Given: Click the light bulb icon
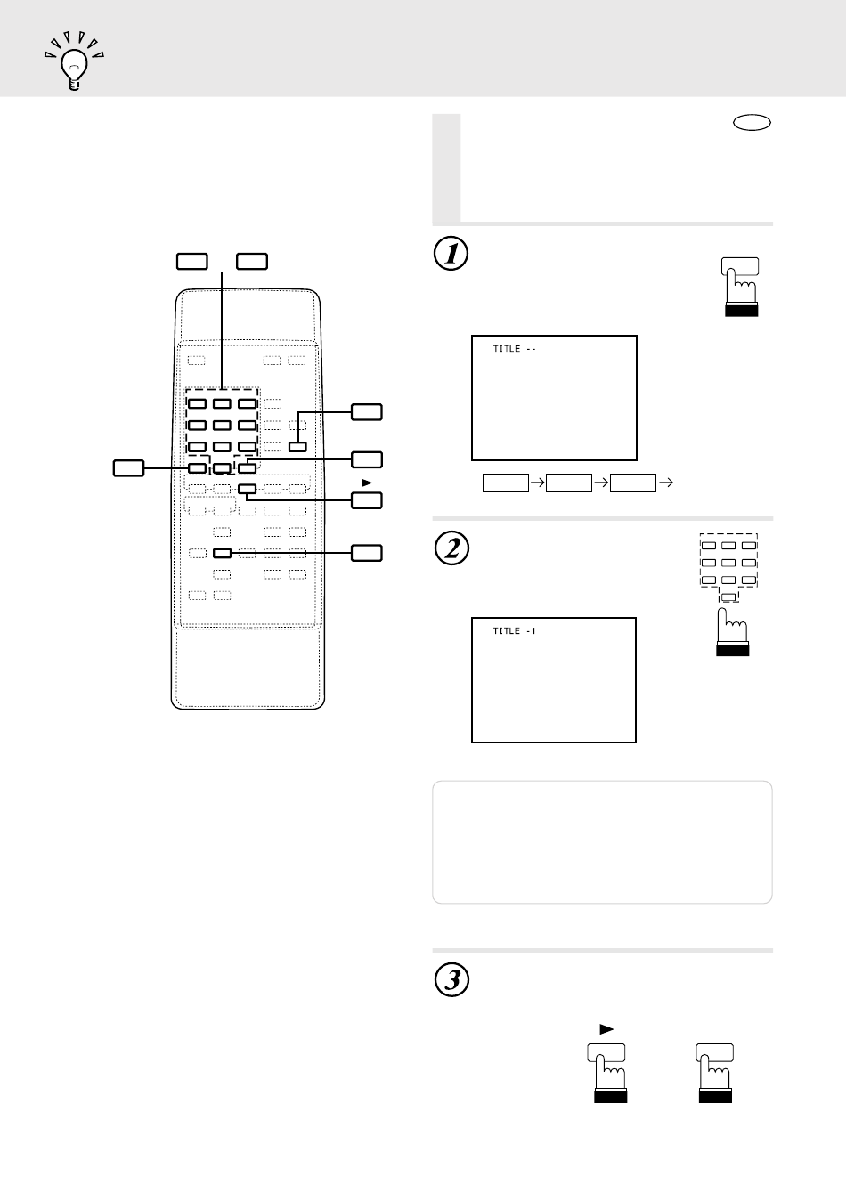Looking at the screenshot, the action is point(74,61).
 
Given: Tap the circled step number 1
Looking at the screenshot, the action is point(451,254).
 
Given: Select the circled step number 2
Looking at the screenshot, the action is point(451,548).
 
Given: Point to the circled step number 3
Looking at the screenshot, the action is point(451,979).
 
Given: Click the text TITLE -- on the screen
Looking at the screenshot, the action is point(515,349).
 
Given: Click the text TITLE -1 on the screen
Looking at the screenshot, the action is point(515,631).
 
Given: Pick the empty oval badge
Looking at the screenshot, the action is point(752,123).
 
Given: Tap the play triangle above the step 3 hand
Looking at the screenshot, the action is point(606,1029).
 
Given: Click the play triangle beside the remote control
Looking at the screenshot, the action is point(367,483).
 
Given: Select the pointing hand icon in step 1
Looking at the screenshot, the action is point(740,287).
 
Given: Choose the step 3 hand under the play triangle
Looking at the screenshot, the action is point(608,1073).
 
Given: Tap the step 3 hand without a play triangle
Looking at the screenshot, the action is point(715,1073).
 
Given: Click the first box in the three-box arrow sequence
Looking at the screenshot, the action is point(505,483).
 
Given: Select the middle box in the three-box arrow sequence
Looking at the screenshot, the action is point(569,483).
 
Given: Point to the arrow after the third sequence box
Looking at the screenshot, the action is point(666,483).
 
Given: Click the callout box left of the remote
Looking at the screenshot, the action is point(129,468).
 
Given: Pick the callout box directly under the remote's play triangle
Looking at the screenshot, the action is point(366,500).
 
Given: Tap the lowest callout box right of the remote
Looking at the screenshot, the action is point(366,553).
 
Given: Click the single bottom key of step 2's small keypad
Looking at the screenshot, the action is point(728,596).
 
